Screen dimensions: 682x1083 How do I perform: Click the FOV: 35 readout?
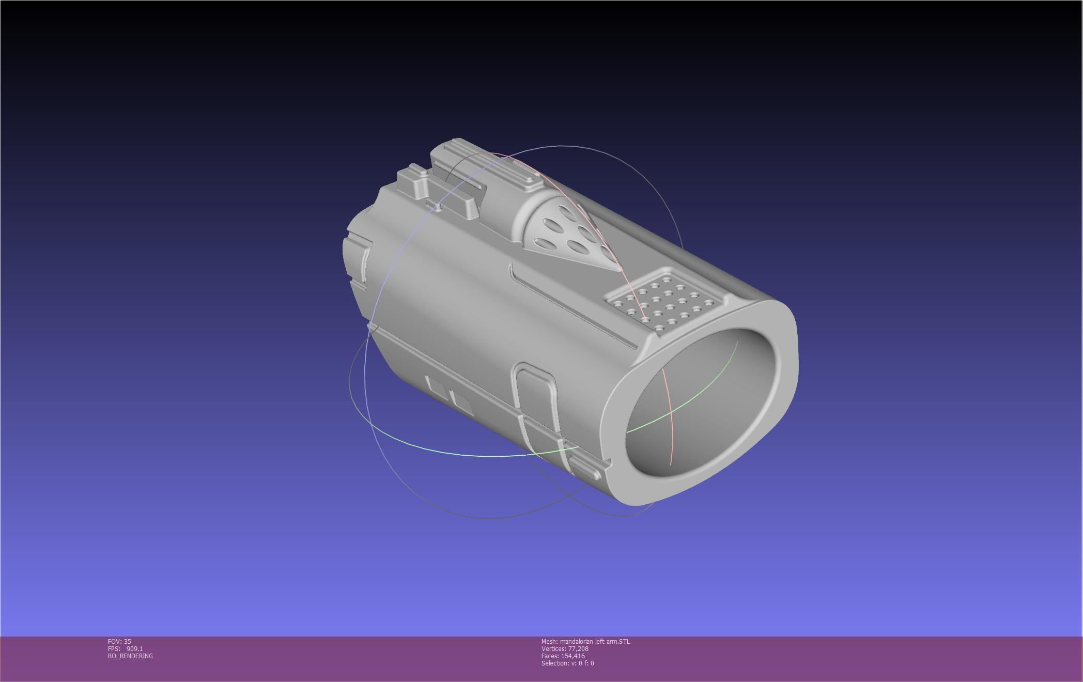(x=119, y=642)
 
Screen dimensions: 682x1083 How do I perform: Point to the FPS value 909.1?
(x=134, y=649)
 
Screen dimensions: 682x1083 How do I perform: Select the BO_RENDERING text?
(x=130, y=656)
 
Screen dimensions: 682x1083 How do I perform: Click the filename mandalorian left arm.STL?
(x=595, y=642)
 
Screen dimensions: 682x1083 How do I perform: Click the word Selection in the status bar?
(x=554, y=663)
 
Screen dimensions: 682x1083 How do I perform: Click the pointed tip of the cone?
(x=620, y=269)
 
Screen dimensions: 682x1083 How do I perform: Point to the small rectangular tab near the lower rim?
(x=584, y=468)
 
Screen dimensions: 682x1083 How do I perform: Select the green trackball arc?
(x=465, y=455)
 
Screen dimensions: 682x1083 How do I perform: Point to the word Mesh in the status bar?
(x=549, y=642)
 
